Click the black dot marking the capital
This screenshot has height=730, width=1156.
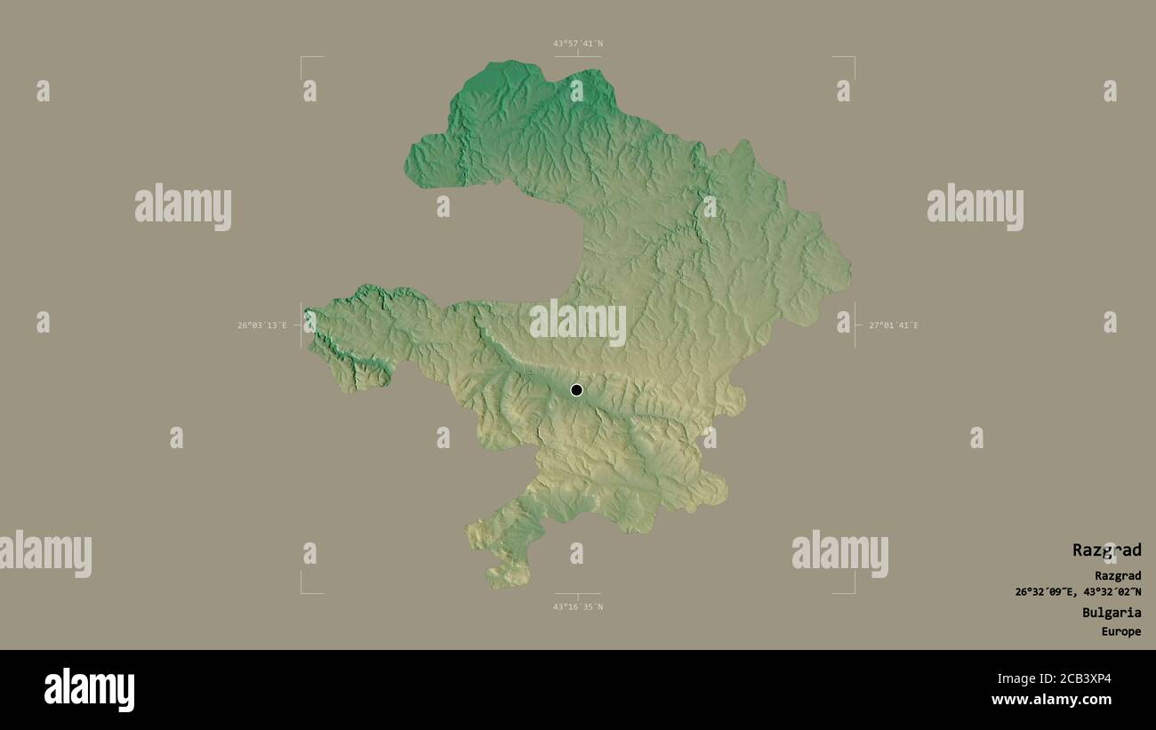[576, 389]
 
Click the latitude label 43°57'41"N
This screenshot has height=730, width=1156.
[578, 43]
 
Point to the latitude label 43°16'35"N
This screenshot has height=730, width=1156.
[578, 607]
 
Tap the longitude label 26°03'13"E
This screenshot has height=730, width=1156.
[261, 325]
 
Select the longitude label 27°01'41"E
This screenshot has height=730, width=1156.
[894, 325]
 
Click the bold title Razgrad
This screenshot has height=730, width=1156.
[1106, 550]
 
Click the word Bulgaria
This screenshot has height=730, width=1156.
[1112, 613]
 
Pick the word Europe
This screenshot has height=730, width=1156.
[1120, 632]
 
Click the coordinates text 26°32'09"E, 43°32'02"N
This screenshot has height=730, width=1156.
[1078, 592]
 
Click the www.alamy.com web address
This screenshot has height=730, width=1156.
[1051, 700]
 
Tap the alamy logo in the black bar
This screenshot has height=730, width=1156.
[89, 689]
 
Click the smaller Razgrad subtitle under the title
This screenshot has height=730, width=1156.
[1118, 576]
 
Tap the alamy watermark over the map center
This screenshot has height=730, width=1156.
[577, 323]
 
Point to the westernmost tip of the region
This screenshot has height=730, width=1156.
[306, 311]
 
